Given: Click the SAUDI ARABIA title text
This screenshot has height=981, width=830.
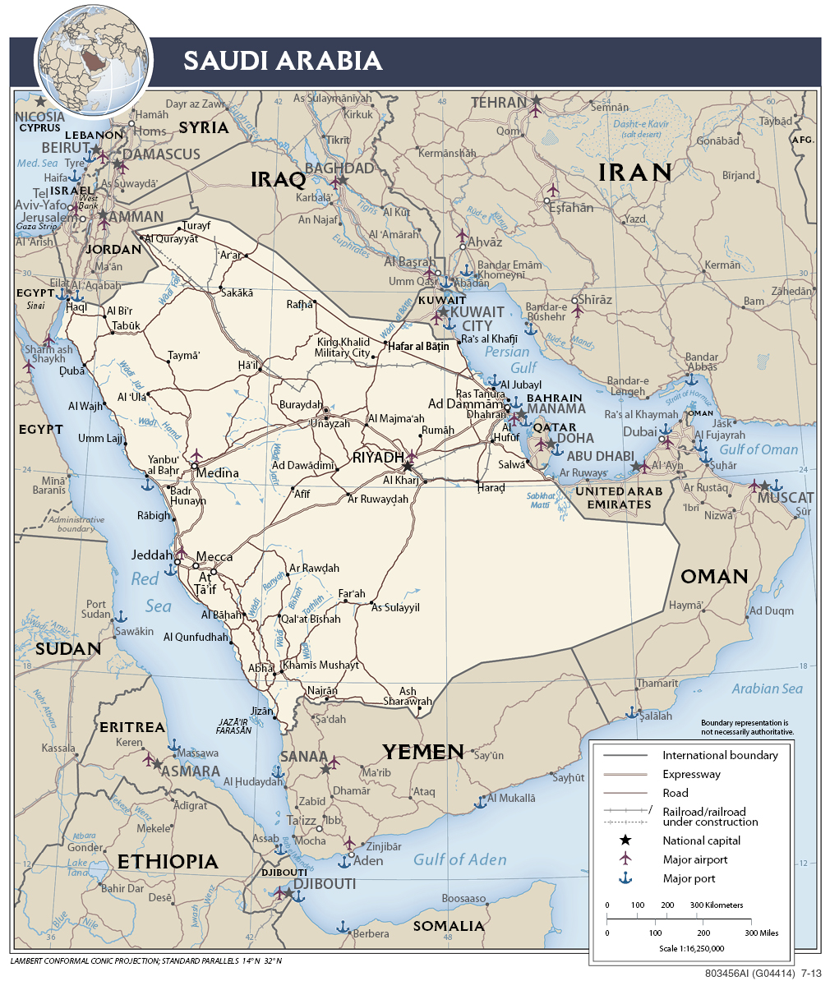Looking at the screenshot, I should (282, 61).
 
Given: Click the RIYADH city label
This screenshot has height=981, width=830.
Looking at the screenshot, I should (378, 457).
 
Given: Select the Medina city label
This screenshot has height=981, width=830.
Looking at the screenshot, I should (218, 472).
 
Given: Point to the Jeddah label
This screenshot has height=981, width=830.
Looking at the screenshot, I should (152, 555).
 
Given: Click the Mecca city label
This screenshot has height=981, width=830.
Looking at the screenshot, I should (214, 556).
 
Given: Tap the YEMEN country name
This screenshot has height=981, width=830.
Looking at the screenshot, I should (423, 751).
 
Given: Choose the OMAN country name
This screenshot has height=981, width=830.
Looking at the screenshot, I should (714, 576).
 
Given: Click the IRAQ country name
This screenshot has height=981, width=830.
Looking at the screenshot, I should (278, 179).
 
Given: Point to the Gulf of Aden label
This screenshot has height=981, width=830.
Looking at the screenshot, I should (459, 859).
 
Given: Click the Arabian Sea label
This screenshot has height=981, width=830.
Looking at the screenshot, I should (766, 689).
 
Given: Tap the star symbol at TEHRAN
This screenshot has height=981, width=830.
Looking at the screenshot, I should (536, 101).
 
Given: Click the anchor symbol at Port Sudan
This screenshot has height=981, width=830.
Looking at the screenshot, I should (121, 615).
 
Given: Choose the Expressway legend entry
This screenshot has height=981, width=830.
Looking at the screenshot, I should (691, 774).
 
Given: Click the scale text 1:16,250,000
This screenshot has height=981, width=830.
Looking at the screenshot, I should (691, 947).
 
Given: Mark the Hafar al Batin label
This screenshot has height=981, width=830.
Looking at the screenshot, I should (418, 346).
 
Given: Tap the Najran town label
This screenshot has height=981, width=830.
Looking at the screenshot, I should (322, 691).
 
